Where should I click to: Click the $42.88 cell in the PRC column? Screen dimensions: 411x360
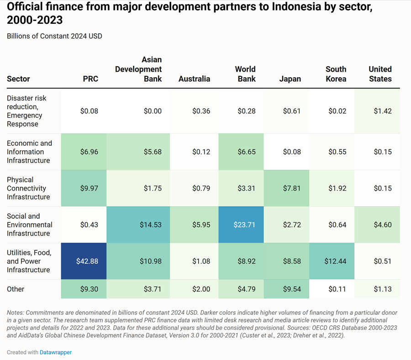click(x=84, y=261)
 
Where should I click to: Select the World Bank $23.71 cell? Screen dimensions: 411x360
click(x=241, y=225)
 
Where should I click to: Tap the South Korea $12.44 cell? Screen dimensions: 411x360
click(x=332, y=261)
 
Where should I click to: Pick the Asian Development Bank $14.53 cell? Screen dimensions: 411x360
click(x=138, y=225)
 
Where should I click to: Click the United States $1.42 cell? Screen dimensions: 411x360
click(x=377, y=111)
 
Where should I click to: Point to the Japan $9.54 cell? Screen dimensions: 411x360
click(x=286, y=289)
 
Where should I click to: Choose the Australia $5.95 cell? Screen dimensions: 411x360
click(x=194, y=225)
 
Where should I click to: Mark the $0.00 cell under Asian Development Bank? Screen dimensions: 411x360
click(x=138, y=111)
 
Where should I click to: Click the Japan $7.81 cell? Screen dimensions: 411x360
click(x=286, y=188)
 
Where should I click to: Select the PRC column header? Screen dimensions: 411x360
click(x=90, y=79)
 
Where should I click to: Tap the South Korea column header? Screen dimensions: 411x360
click(x=336, y=74)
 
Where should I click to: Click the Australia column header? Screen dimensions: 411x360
click(x=194, y=79)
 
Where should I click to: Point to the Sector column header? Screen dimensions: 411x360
click(x=18, y=79)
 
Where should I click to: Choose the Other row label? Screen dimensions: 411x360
click(x=16, y=289)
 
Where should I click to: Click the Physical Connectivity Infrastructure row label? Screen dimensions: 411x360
click(x=28, y=188)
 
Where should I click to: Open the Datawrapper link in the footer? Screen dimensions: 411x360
click(x=56, y=352)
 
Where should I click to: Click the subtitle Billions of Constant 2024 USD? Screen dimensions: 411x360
click(x=54, y=36)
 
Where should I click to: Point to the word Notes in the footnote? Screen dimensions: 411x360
click(x=15, y=312)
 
